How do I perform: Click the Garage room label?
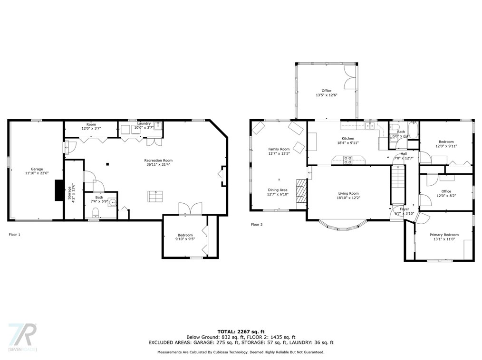tap(37, 169)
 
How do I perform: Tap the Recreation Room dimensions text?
tap(158, 164)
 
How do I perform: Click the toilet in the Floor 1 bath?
tap(96, 212)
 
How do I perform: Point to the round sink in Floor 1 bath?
tap(113, 202)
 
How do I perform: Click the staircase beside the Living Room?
tap(398, 185)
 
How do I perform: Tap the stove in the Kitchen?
tap(347, 160)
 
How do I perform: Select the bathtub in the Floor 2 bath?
tap(414, 130)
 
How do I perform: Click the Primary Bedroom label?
tap(444, 235)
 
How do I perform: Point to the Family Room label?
tap(279, 149)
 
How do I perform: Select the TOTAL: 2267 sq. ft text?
tap(241, 332)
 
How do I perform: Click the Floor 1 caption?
tap(14, 235)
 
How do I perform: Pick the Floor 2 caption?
tap(257, 225)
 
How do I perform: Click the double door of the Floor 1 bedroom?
tap(190, 208)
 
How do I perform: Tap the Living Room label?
tap(348, 193)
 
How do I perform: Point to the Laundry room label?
tap(144, 123)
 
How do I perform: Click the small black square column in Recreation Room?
tap(107, 164)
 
